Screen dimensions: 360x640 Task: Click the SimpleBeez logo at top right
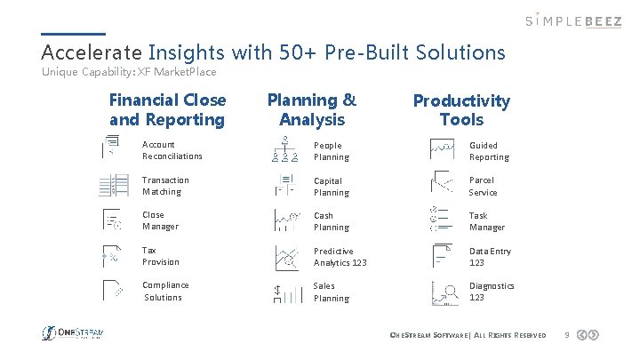click(572, 20)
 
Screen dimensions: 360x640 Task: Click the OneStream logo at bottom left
click(74, 333)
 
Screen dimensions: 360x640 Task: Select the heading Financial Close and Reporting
click(167, 110)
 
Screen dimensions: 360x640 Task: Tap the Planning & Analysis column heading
click(311, 110)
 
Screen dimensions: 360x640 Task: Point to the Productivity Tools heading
click(461, 110)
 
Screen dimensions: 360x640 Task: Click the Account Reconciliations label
click(172, 150)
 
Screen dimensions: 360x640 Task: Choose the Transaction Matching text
click(165, 186)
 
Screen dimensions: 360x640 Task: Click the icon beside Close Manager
click(112, 221)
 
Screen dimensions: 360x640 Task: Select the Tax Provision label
click(161, 256)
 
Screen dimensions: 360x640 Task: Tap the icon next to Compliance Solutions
click(112, 292)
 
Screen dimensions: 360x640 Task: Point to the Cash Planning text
click(332, 221)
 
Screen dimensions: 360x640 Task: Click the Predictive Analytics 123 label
click(340, 257)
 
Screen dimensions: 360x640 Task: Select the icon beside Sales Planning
click(284, 292)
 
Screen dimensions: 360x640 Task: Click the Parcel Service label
click(483, 187)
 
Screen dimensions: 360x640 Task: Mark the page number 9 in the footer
click(566, 334)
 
